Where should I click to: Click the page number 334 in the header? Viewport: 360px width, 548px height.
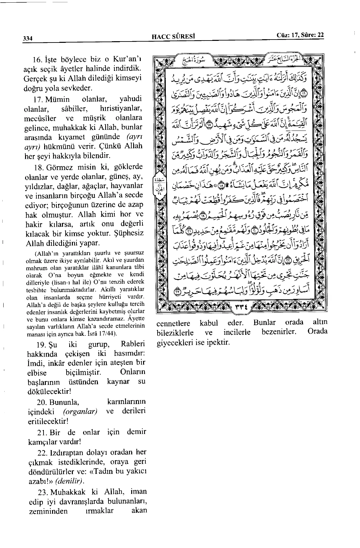click(27, 38)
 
